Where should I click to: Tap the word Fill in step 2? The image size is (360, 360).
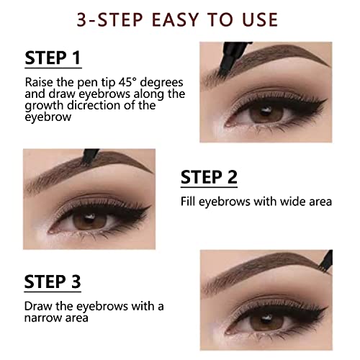click(x=189, y=202)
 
